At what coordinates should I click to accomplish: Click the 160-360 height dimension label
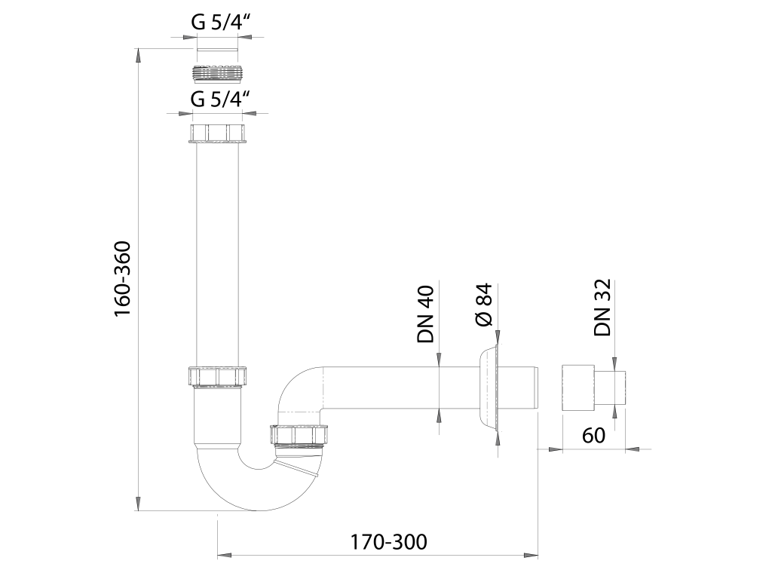click(x=123, y=279)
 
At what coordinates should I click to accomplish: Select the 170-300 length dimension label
click(x=388, y=542)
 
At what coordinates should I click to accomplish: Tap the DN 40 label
click(x=425, y=314)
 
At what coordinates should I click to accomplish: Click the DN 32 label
click(x=602, y=308)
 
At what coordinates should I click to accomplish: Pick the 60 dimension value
click(x=593, y=435)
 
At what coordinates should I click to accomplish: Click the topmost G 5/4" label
click(x=218, y=22)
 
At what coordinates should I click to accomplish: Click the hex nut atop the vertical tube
click(x=217, y=134)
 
